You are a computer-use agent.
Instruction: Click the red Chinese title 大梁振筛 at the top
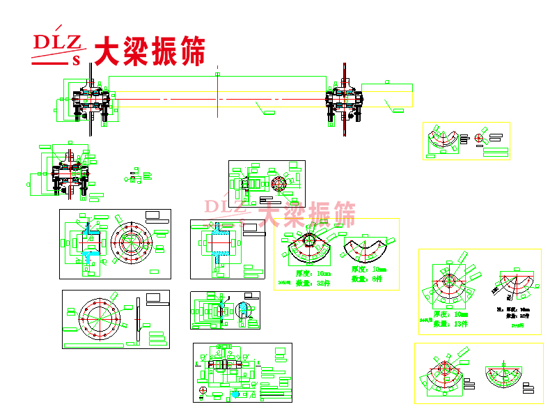[149, 50]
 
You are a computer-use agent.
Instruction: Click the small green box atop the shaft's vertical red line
[218, 73]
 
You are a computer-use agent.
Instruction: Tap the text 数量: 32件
[313, 284]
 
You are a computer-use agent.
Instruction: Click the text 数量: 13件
[450, 324]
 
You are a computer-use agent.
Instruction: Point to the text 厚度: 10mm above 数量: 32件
[313, 274]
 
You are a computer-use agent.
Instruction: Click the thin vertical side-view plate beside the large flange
[139, 320]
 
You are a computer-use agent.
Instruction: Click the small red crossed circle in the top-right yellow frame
[478, 138]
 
